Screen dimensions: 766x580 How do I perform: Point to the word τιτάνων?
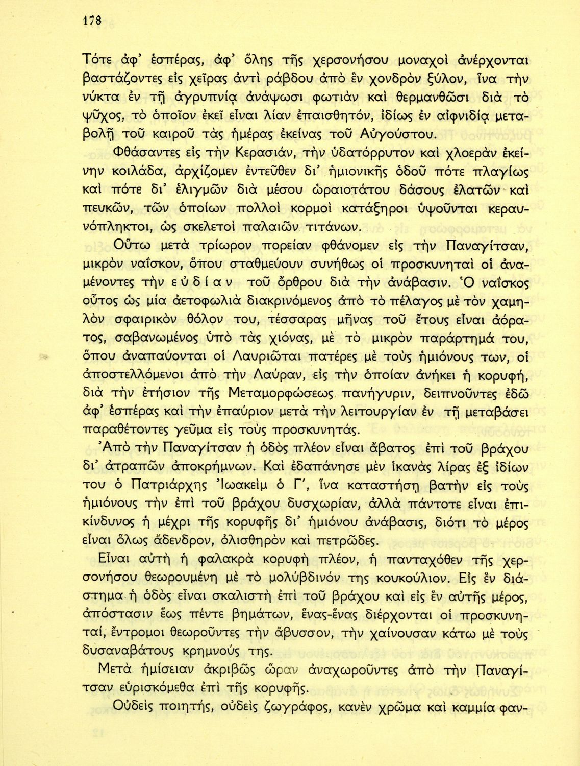click(x=342, y=226)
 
